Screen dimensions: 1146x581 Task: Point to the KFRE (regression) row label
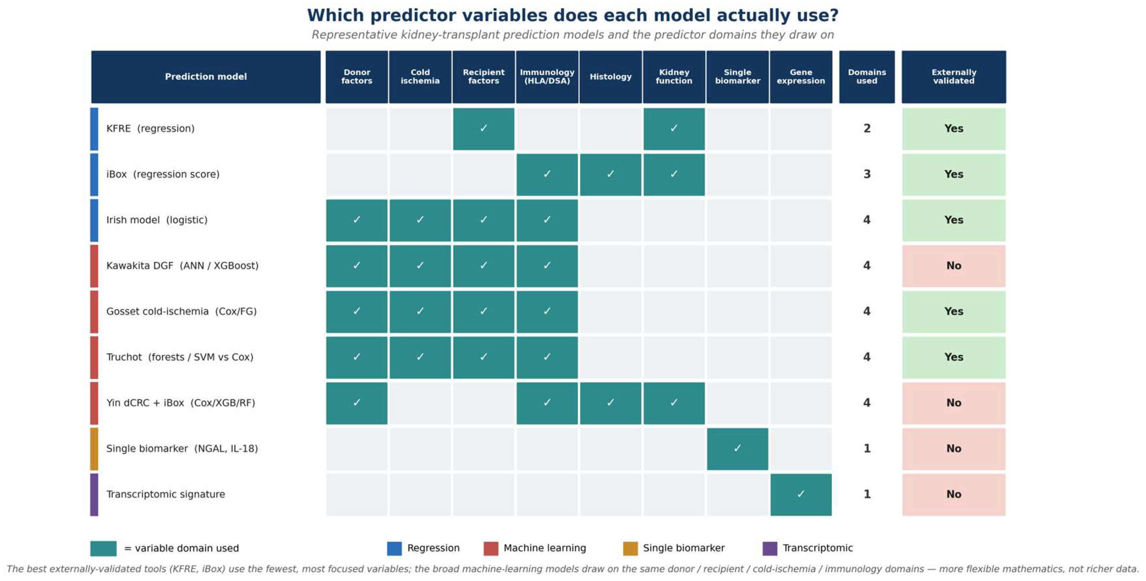click(x=150, y=128)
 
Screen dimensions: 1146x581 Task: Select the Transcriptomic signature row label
click(x=165, y=494)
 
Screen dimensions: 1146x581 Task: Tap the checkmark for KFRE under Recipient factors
click(x=484, y=128)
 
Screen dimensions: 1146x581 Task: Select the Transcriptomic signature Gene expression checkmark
click(x=801, y=494)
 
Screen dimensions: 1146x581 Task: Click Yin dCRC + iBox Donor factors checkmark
click(x=357, y=403)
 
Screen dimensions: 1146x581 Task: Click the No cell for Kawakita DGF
click(x=954, y=266)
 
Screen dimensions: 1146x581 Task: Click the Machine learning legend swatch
click(x=491, y=549)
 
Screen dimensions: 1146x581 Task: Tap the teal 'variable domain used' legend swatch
click(x=103, y=549)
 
